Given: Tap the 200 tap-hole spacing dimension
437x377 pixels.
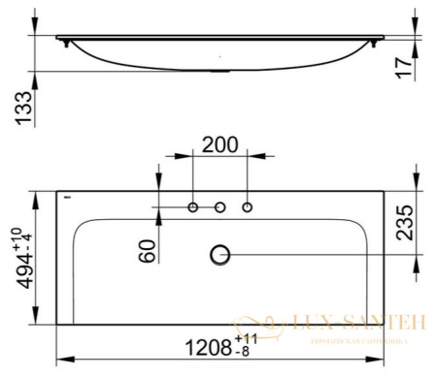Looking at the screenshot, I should [x=219, y=145].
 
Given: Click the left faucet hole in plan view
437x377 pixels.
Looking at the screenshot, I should [x=193, y=207].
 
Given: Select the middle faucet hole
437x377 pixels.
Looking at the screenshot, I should [x=220, y=207].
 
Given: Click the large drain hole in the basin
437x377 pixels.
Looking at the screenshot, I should [x=220, y=254].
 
